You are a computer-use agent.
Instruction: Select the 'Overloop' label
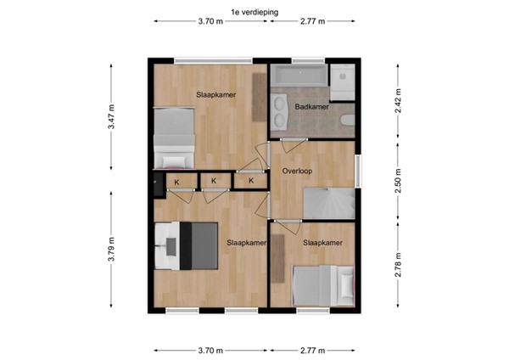point(297,171)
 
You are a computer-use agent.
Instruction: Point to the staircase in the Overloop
point(327,203)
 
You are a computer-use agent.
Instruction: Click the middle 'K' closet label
point(214,181)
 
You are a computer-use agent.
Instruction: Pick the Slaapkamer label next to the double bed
point(247,243)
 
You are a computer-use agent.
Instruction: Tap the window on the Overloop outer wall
point(358,172)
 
